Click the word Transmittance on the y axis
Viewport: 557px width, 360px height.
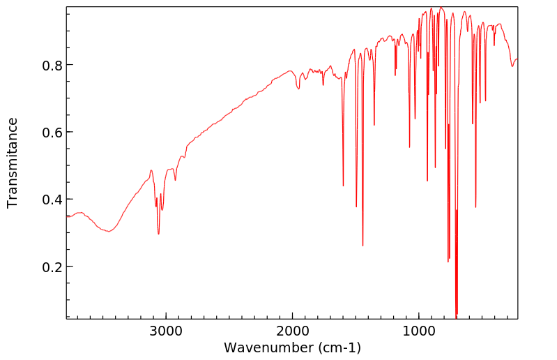point(13,163)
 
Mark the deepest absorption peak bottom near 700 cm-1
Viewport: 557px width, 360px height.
point(457,316)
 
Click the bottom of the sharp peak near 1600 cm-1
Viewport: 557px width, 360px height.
point(343,186)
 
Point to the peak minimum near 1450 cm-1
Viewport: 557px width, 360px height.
point(363,246)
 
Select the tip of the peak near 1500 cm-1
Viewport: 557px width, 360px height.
point(356,207)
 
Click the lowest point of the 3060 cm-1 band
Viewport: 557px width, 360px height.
point(159,234)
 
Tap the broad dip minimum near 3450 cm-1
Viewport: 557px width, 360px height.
point(108,232)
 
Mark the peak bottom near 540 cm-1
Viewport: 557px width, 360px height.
point(476,207)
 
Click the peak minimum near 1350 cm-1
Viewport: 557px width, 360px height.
point(374,126)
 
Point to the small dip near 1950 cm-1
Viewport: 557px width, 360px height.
point(298,89)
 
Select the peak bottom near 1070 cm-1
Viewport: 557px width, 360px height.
point(409,147)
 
